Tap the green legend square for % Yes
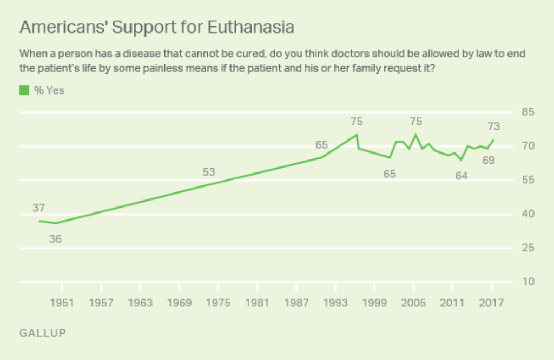tap(24, 90)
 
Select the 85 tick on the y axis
tap(527, 112)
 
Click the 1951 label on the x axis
tap(62, 303)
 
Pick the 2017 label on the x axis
tap(491, 303)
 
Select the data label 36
tap(55, 238)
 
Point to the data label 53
tap(209, 172)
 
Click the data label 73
tap(493, 127)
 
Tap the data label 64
tap(461, 176)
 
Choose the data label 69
tap(489, 161)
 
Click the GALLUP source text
tap(43, 333)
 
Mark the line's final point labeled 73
tap(493, 140)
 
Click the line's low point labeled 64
tap(461, 160)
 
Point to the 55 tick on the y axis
tap(527, 180)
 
